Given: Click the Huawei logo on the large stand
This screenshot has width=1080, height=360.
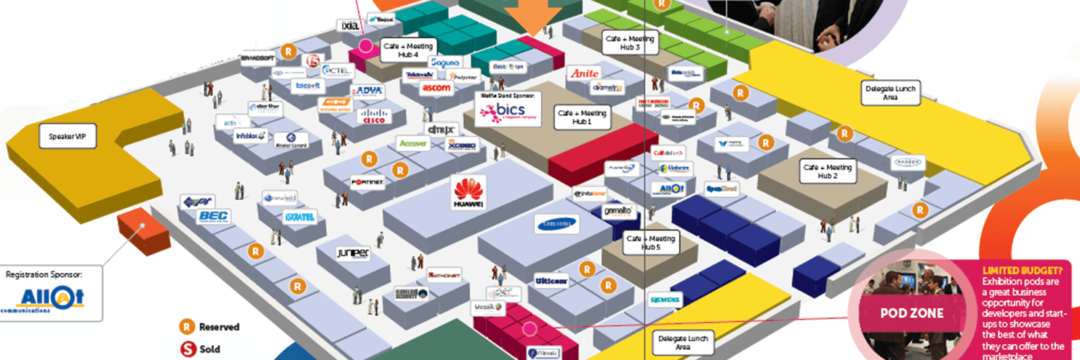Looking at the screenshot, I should point(469,192).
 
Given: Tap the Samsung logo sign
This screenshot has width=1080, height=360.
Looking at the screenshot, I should point(557,224).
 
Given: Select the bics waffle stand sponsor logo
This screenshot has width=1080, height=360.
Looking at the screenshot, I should point(509,111).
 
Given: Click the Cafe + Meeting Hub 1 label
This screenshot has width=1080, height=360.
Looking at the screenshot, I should point(581,118).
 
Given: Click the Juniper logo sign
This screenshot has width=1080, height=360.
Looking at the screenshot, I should point(353,253).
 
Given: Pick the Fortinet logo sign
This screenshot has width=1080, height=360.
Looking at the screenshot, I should point(367,183).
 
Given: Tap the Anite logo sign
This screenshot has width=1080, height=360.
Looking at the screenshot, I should point(583,73).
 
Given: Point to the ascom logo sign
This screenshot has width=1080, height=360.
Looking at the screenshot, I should point(436,88).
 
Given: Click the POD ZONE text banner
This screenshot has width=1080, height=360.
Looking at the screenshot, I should point(912,314).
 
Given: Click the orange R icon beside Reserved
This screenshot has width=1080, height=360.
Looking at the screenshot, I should point(188,327).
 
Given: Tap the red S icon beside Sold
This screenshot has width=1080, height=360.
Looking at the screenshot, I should point(188,350).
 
